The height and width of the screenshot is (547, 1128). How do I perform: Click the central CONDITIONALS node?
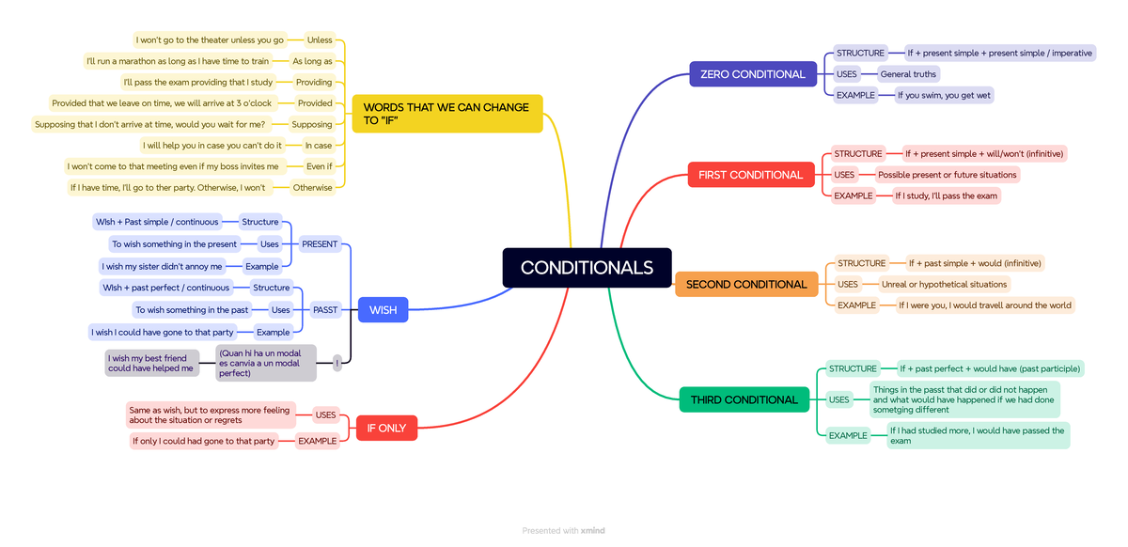pyautogui.click(x=587, y=268)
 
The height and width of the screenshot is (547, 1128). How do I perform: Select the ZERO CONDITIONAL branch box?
pyautogui.click(x=752, y=74)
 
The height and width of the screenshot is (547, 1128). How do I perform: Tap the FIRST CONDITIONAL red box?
pyautogui.click(x=750, y=175)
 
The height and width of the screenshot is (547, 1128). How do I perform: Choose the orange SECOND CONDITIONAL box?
pyautogui.click(x=746, y=284)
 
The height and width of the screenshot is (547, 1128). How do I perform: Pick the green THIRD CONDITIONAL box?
pyautogui.click(x=744, y=399)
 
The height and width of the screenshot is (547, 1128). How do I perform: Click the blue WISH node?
pyautogui.click(x=383, y=310)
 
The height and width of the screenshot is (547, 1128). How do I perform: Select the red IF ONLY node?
pyautogui.click(x=386, y=428)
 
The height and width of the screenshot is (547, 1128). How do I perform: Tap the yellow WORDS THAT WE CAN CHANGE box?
pyautogui.click(x=446, y=114)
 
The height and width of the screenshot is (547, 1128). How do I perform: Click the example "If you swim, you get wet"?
pyautogui.click(x=944, y=95)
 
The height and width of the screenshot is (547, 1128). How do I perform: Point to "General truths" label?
pyautogui.click(x=908, y=74)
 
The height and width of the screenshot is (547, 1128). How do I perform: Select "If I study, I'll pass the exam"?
pyautogui.click(x=946, y=195)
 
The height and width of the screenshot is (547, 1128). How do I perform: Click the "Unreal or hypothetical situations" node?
pyautogui.click(x=944, y=284)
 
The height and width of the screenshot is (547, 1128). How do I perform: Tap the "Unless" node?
pyautogui.click(x=320, y=39)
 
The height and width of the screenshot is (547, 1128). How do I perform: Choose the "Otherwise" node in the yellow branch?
pyautogui.click(x=312, y=187)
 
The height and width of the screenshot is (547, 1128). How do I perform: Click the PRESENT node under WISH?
pyautogui.click(x=320, y=244)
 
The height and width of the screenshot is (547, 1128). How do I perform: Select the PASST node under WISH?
pyautogui.click(x=325, y=310)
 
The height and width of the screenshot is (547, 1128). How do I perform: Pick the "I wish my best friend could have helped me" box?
pyautogui.click(x=151, y=363)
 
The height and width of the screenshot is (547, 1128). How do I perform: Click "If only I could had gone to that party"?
pyautogui.click(x=204, y=441)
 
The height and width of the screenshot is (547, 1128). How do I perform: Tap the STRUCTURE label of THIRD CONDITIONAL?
pyautogui.click(x=853, y=368)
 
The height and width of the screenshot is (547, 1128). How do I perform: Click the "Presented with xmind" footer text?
pyautogui.click(x=563, y=531)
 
